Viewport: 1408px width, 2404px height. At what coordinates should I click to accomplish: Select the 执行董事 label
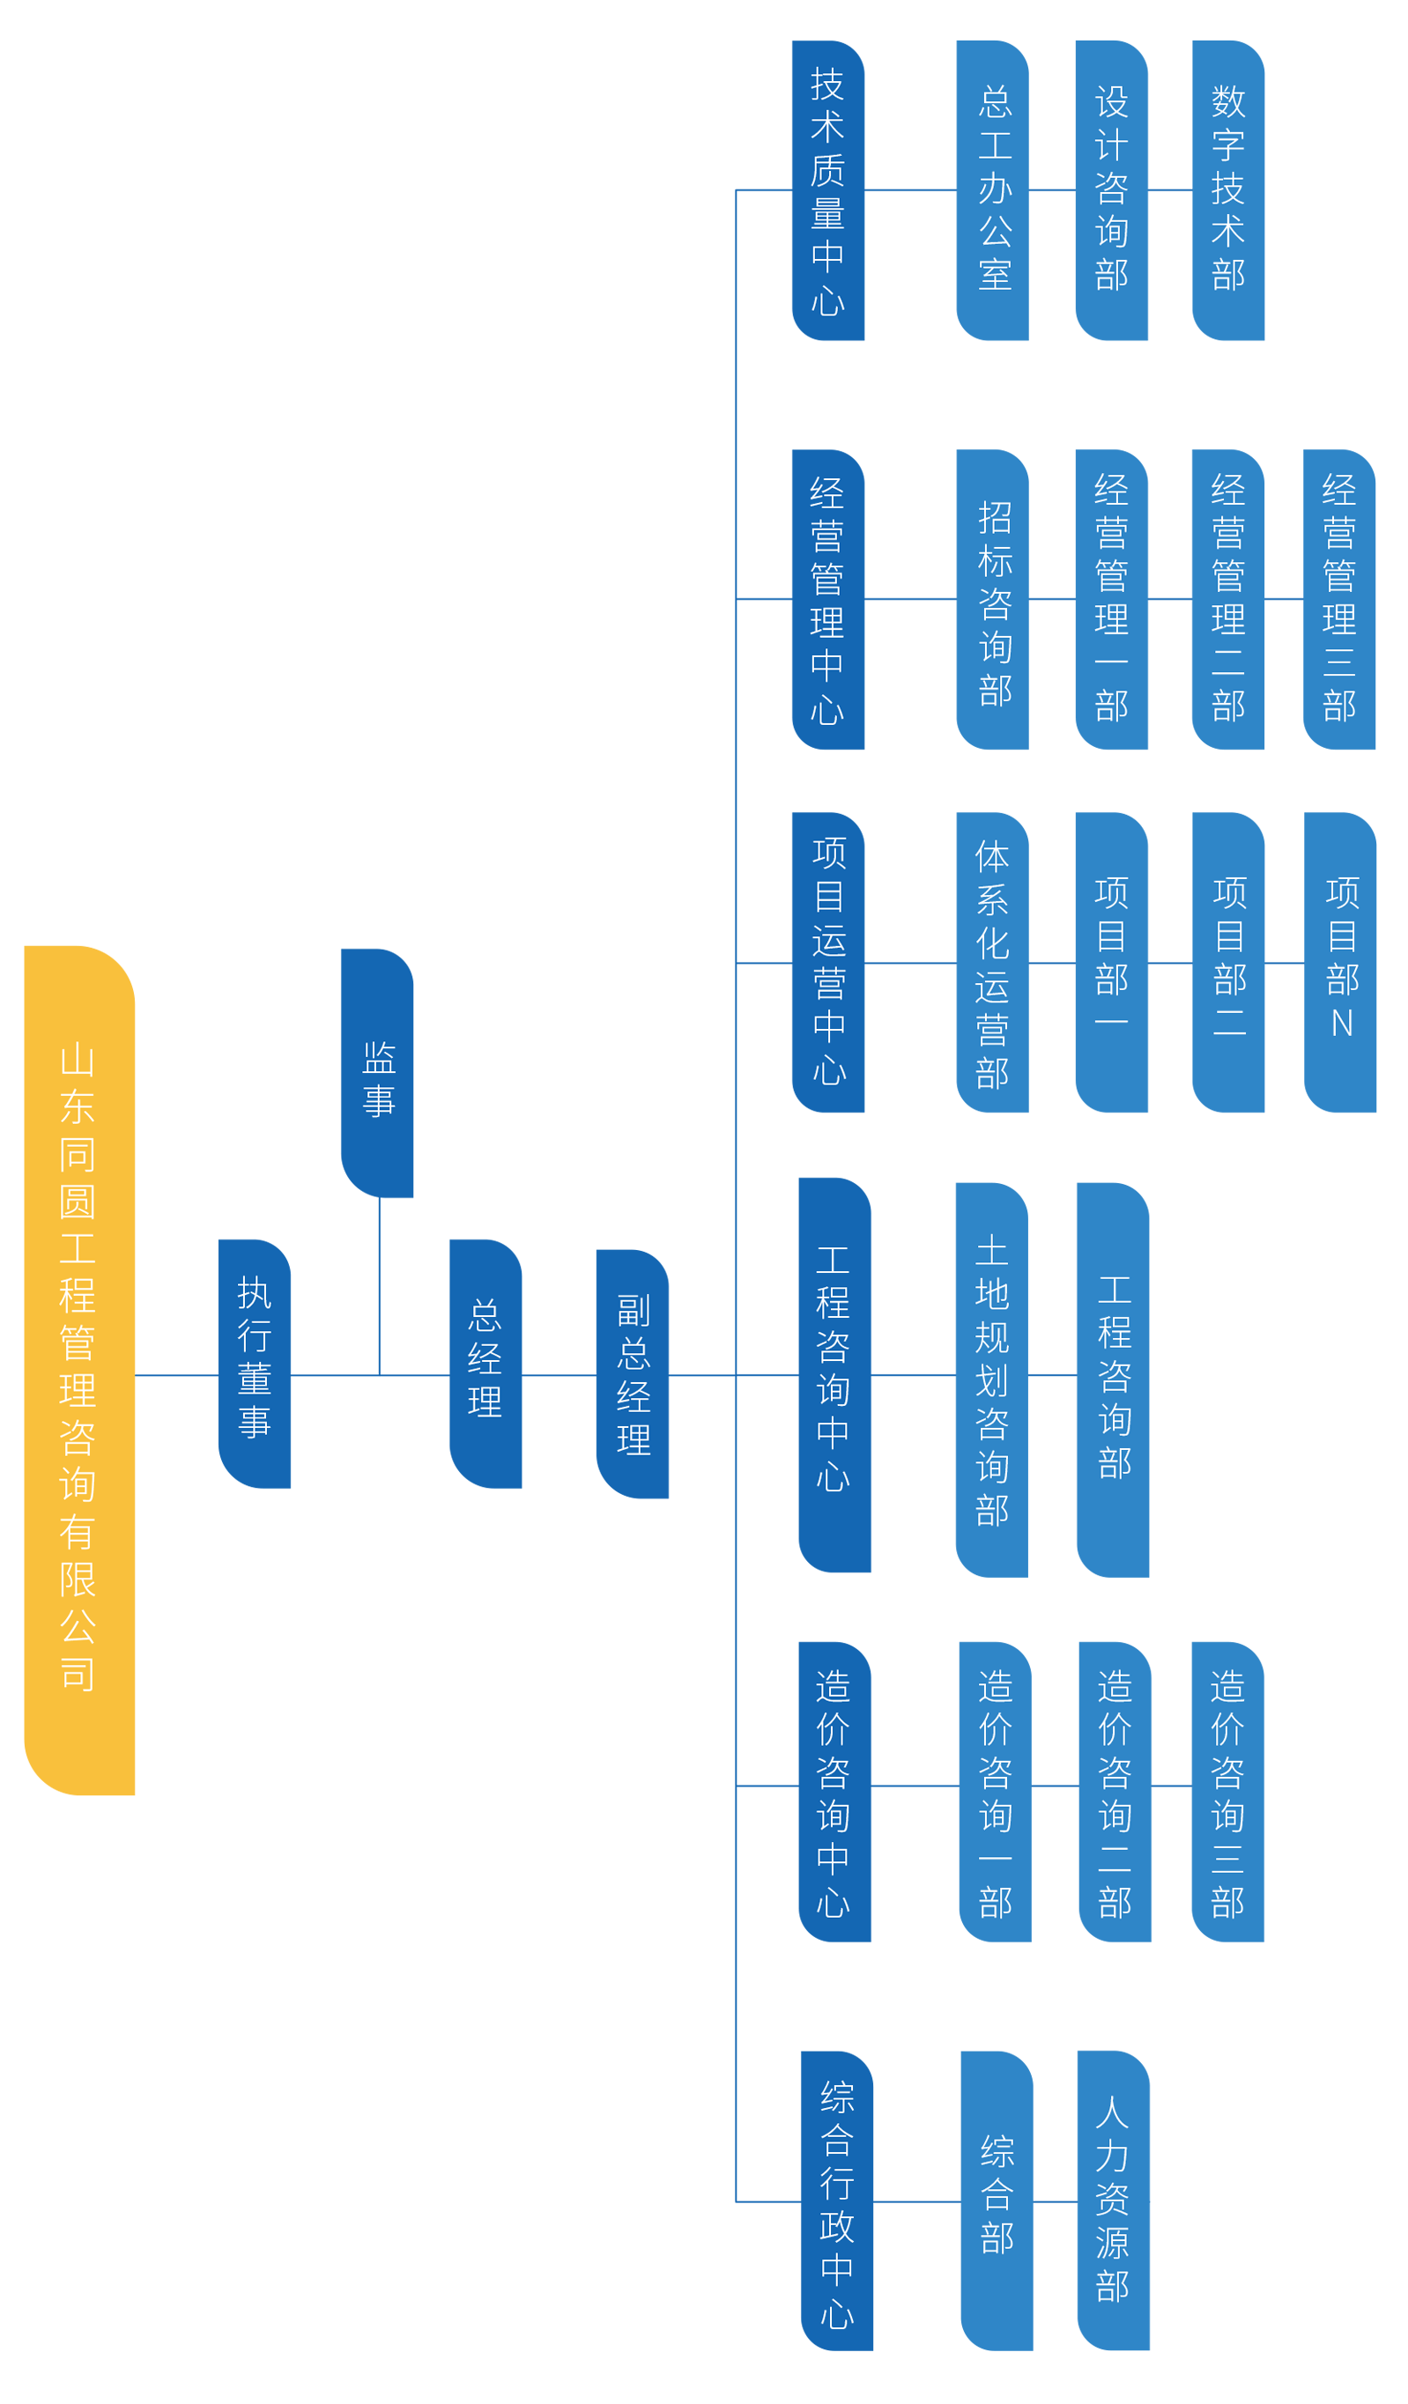[255, 1357]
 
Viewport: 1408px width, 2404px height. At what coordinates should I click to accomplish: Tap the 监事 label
[379, 1079]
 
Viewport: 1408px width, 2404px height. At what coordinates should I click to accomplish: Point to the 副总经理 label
[634, 1373]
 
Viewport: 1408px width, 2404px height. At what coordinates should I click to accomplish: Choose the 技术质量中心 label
[827, 191]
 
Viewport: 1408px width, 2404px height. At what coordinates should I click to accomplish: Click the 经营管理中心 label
[827, 600]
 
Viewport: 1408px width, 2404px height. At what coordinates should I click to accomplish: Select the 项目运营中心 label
[829, 961]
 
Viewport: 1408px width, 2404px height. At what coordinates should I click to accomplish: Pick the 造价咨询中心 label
[832, 1794]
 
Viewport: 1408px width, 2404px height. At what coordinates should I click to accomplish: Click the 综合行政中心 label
[836, 2205]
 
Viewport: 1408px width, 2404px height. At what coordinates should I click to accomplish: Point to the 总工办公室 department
[995, 188]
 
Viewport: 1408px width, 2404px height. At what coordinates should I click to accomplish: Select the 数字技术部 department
[1227, 188]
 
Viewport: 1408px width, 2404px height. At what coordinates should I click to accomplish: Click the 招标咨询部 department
[995, 603]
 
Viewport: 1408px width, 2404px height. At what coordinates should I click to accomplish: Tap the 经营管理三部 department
[1338, 598]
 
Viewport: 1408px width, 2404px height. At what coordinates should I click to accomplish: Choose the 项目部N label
[1341, 957]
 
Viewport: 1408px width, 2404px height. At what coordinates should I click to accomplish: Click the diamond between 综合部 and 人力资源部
[1055, 2201]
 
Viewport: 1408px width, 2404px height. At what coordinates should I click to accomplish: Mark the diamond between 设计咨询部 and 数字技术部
[1169, 190]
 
